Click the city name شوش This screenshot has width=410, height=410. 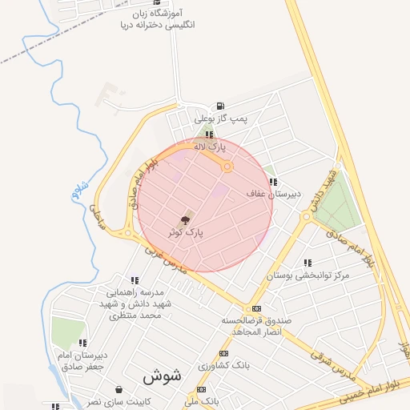tap(163, 375)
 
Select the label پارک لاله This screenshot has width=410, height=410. tap(213, 147)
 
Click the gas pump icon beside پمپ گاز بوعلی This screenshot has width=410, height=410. tap(220, 106)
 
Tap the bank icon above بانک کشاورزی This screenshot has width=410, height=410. tap(223, 353)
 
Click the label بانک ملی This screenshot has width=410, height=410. tap(202, 399)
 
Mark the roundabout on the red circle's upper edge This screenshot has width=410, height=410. tap(227, 167)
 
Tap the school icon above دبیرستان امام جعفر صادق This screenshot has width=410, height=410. tap(83, 343)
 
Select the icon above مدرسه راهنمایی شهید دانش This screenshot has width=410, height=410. tap(134, 280)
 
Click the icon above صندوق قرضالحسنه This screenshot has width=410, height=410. tap(256, 308)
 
